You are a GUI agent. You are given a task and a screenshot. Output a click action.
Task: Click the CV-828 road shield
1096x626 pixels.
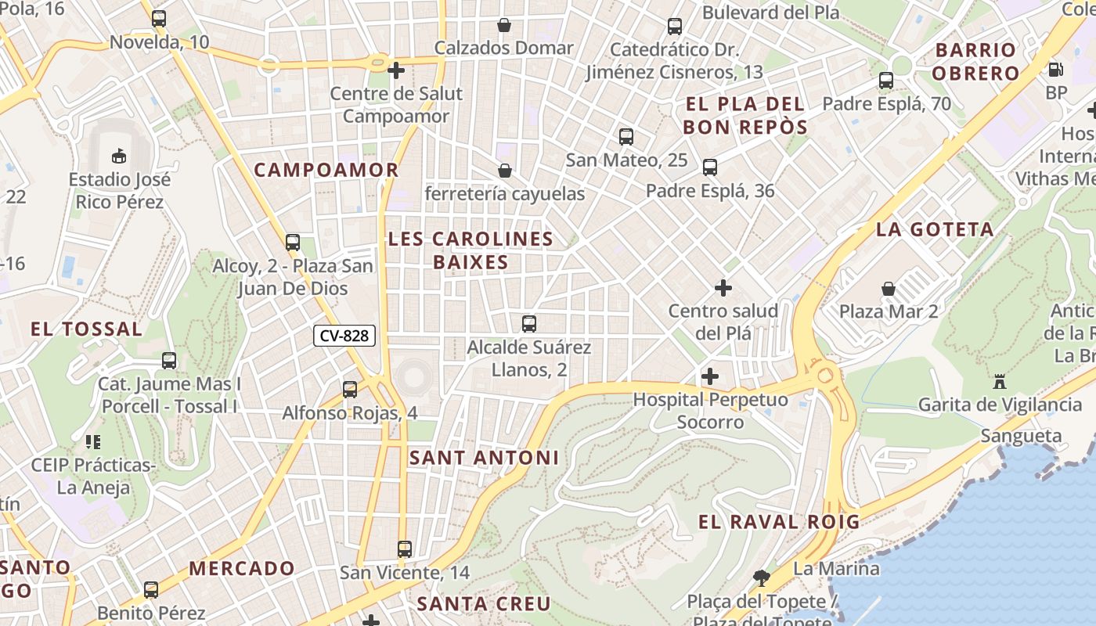[x=344, y=336]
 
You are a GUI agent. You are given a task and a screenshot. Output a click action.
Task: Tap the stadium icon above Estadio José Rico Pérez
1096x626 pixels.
[x=119, y=156]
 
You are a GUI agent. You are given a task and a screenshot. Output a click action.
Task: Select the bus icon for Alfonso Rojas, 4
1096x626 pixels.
[x=350, y=389]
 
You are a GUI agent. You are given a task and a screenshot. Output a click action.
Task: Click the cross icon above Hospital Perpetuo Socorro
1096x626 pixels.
[x=710, y=376]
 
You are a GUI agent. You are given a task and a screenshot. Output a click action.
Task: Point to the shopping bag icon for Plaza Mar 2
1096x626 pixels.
[x=889, y=289]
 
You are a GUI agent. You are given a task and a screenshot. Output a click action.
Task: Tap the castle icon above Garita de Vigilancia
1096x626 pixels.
[x=999, y=382]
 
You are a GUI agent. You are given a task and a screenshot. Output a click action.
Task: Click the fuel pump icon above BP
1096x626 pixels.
[x=1055, y=70]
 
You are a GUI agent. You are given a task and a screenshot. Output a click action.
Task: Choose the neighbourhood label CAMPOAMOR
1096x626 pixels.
[x=326, y=170]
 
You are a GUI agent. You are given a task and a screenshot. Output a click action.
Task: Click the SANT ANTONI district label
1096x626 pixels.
[x=484, y=458]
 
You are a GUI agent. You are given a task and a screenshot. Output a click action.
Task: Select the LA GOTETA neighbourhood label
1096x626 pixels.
[x=935, y=229]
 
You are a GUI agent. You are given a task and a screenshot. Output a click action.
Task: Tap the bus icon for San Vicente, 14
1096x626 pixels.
[x=405, y=549]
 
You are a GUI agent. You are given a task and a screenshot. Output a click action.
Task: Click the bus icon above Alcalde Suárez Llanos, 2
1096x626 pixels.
[x=529, y=323]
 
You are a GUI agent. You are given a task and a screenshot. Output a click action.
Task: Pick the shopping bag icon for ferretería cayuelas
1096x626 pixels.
[x=505, y=170]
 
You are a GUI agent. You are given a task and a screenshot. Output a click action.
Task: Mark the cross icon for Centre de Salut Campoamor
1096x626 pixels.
[x=396, y=70]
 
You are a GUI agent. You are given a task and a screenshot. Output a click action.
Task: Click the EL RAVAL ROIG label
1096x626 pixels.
[x=779, y=522]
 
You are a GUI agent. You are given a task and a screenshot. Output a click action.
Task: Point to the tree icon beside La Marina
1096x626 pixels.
[x=760, y=578]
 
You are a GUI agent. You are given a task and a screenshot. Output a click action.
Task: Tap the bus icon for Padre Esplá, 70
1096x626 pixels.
[x=886, y=81]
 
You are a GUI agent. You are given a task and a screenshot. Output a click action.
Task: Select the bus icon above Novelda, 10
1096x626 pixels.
[x=159, y=19]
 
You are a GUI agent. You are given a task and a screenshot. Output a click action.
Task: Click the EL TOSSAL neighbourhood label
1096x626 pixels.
[x=87, y=329]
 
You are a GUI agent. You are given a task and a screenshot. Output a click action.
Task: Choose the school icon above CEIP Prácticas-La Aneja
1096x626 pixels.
[x=93, y=442]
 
